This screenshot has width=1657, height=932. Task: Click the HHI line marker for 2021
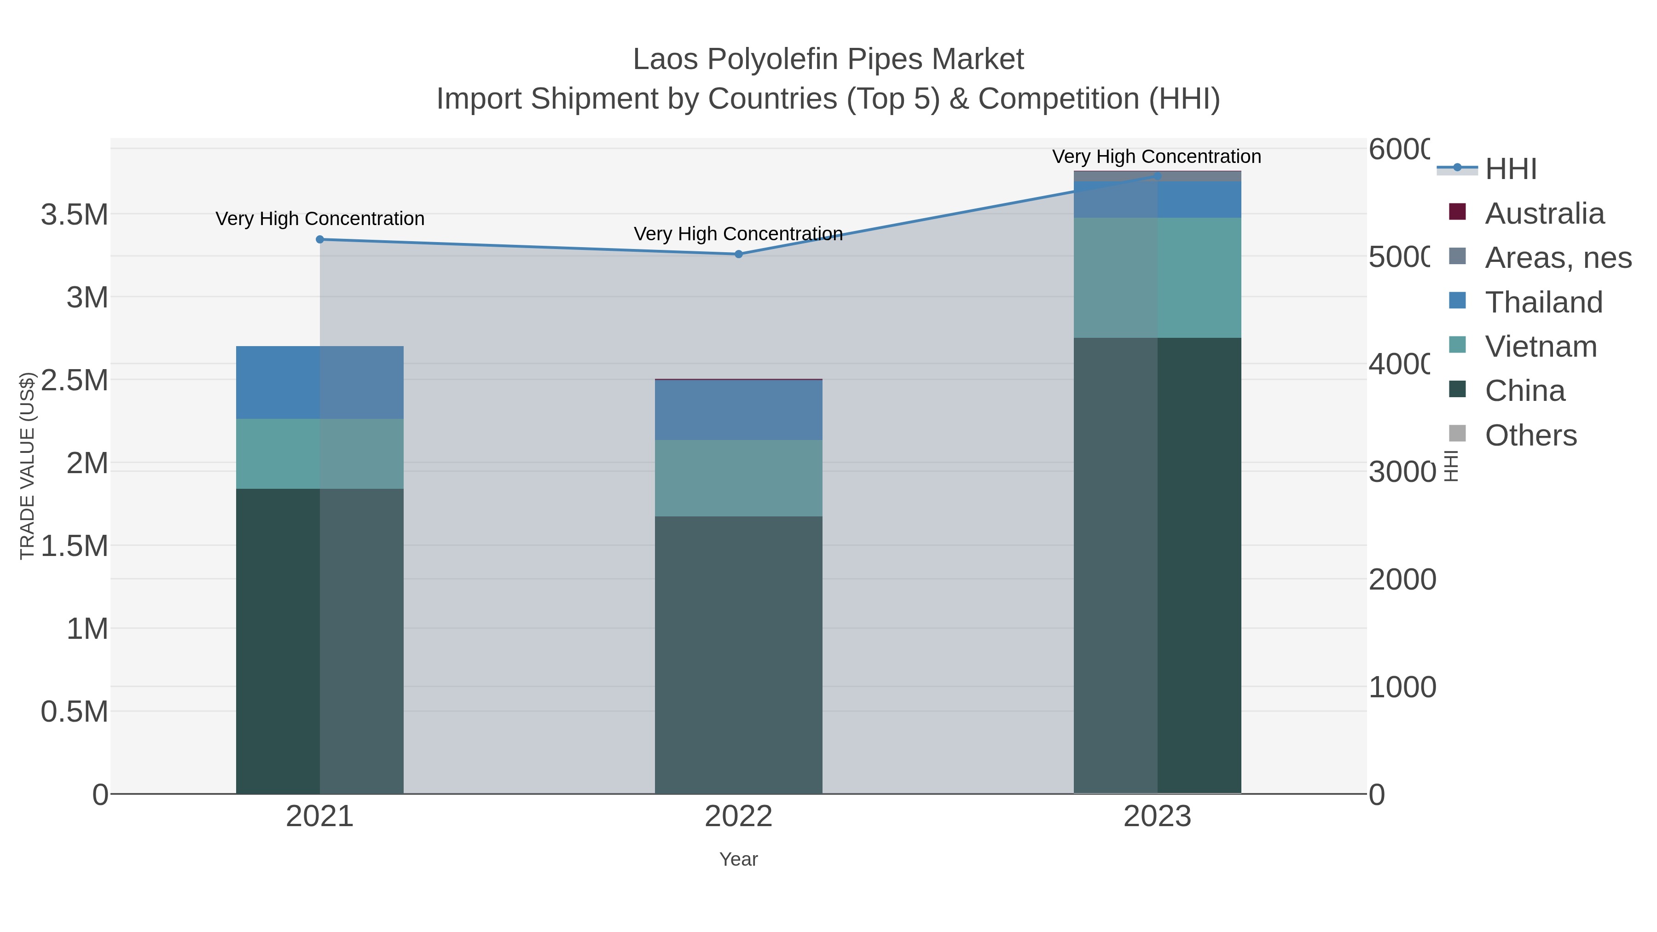tap(320, 239)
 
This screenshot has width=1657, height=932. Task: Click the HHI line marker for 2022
tap(738, 254)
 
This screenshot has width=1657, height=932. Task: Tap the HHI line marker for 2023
tap(1157, 176)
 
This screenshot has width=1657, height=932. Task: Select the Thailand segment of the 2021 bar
tap(320, 383)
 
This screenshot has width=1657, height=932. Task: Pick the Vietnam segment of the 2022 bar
tap(738, 478)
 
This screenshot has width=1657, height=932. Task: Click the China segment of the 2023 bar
tap(1157, 566)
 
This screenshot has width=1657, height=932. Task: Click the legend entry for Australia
tap(1544, 214)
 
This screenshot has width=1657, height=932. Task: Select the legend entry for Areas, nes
tap(1557, 258)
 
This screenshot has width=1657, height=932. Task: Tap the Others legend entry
tap(1530, 435)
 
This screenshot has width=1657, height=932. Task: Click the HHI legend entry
tap(1510, 169)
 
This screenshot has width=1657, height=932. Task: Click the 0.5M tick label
tap(74, 712)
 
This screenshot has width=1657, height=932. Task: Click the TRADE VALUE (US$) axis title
tap(27, 466)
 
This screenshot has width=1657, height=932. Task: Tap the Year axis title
tap(738, 859)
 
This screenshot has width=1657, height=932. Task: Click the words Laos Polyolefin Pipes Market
tap(828, 59)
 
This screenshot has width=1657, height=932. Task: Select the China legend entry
tap(1524, 391)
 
